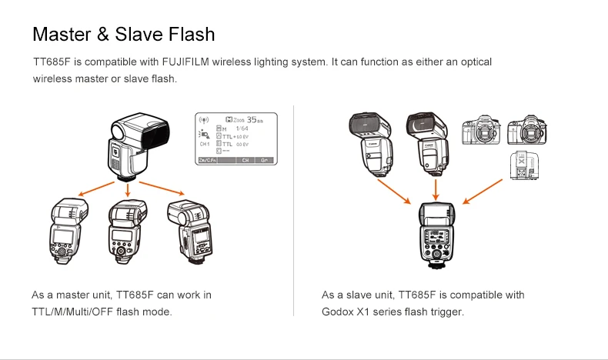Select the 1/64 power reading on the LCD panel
[x=242, y=128]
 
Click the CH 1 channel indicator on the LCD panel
[x=205, y=144]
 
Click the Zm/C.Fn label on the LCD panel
[x=209, y=161]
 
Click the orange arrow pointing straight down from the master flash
[x=128, y=189]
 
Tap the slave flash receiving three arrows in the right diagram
[x=437, y=234]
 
